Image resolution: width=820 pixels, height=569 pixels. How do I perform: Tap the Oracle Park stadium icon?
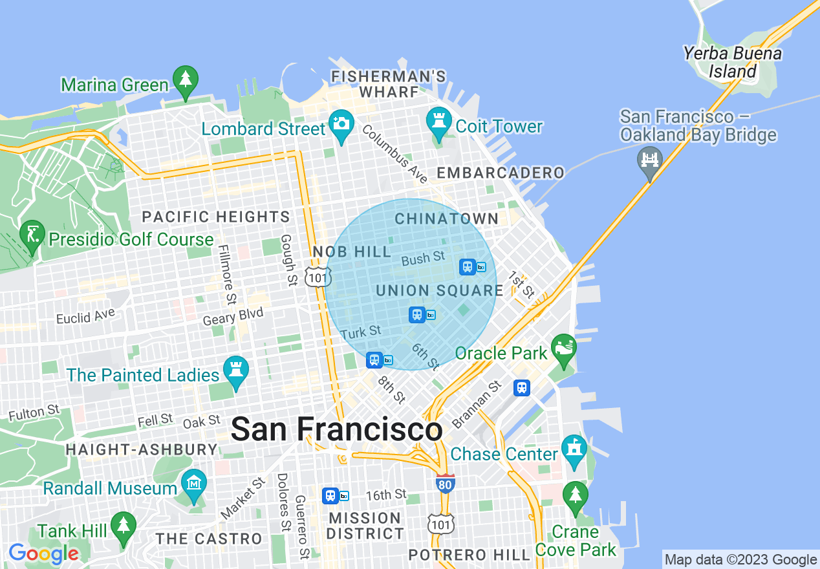563,349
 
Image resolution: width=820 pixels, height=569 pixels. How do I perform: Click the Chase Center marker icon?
574,449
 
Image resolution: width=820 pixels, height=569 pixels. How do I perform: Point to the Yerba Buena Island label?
732,62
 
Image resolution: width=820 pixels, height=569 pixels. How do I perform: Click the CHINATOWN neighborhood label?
446,219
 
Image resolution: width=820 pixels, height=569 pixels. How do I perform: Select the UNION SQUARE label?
439,290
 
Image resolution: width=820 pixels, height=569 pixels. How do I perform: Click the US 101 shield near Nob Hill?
319,277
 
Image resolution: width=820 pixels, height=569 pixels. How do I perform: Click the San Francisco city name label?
336,429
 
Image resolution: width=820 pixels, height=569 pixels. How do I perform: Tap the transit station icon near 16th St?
330,495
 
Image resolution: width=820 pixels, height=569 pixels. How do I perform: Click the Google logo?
43,553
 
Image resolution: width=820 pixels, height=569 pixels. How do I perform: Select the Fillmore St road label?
227,274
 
